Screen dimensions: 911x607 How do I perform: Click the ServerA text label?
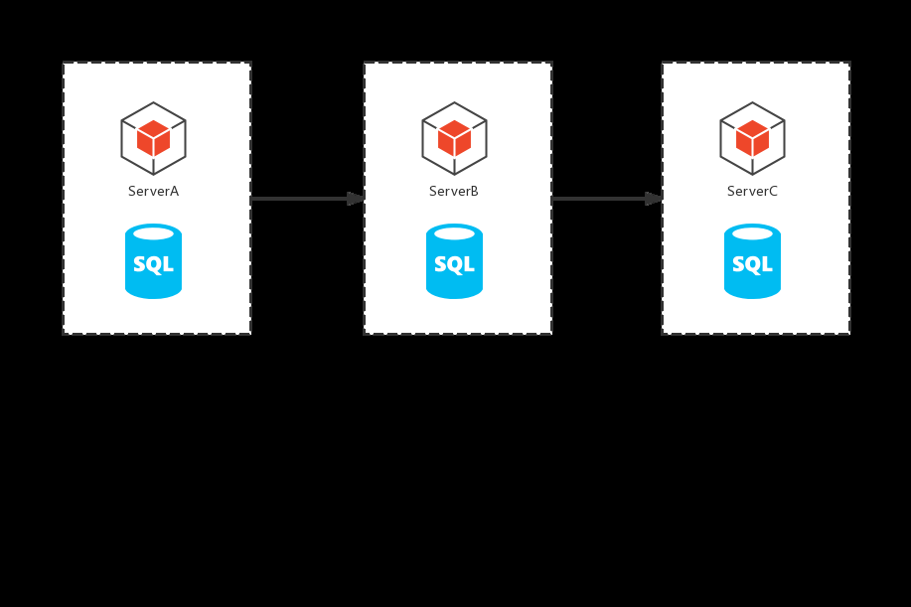click(x=153, y=191)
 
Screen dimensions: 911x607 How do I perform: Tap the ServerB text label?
click(x=454, y=191)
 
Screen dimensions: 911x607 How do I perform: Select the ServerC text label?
click(x=752, y=191)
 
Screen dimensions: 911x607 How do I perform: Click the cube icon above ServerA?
click(x=153, y=138)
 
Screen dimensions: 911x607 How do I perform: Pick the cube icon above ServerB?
click(x=454, y=138)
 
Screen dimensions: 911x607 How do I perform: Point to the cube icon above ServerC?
click(x=752, y=138)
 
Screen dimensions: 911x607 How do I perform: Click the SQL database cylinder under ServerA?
click(x=153, y=261)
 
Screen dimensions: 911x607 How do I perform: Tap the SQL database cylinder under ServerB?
click(x=454, y=261)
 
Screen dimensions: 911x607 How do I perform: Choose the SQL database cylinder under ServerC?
click(x=752, y=261)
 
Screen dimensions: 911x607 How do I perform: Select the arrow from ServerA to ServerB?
click(x=307, y=199)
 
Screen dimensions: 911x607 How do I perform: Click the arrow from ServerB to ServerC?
click(x=607, y=199)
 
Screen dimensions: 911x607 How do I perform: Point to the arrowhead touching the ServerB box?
click(x=356, y=199)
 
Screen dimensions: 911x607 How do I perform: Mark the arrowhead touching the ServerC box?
click(x=654, y=199)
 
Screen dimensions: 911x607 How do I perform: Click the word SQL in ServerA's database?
click(x=153, y=264)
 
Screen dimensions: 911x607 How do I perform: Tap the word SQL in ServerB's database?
click(x=454, y=264)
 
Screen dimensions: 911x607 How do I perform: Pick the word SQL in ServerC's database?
click(x=752, y=264)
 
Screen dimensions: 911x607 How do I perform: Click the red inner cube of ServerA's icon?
click(x=153, y=138)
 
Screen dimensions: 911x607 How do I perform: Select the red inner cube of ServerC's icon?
click(x=752, y=138)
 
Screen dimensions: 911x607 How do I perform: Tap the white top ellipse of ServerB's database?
click(x=454, y=233)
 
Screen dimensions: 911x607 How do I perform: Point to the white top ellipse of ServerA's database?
click(x=153, y=233)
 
